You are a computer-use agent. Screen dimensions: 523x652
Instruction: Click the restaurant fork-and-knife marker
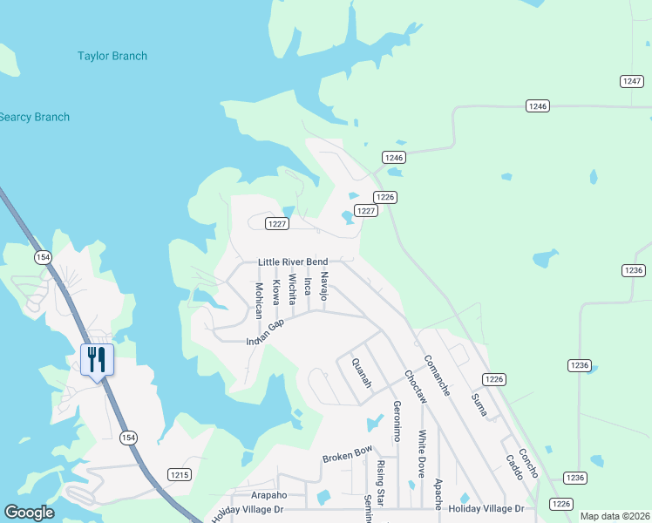click(97, 359)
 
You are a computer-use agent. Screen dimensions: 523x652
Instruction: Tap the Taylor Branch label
click(112, 56)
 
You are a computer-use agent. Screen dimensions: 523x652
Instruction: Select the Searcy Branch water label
click(34, 117)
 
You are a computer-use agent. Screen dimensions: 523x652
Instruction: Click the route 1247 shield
click(632, 81)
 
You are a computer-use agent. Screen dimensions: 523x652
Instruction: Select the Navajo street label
click(323, 286)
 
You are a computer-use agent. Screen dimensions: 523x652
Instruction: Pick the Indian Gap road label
click(266, 332)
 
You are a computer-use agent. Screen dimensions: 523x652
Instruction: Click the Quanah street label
click(361, 373)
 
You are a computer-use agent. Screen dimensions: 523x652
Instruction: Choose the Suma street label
click(479, 404)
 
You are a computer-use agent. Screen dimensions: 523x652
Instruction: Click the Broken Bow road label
click(347, 454)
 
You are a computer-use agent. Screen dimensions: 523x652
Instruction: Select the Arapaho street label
click(269, 491)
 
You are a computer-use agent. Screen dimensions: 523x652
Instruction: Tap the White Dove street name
click(422, 454)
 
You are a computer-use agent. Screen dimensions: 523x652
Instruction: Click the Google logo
click(29, 513)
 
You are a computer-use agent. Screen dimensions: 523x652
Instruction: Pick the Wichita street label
click(292, 291)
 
